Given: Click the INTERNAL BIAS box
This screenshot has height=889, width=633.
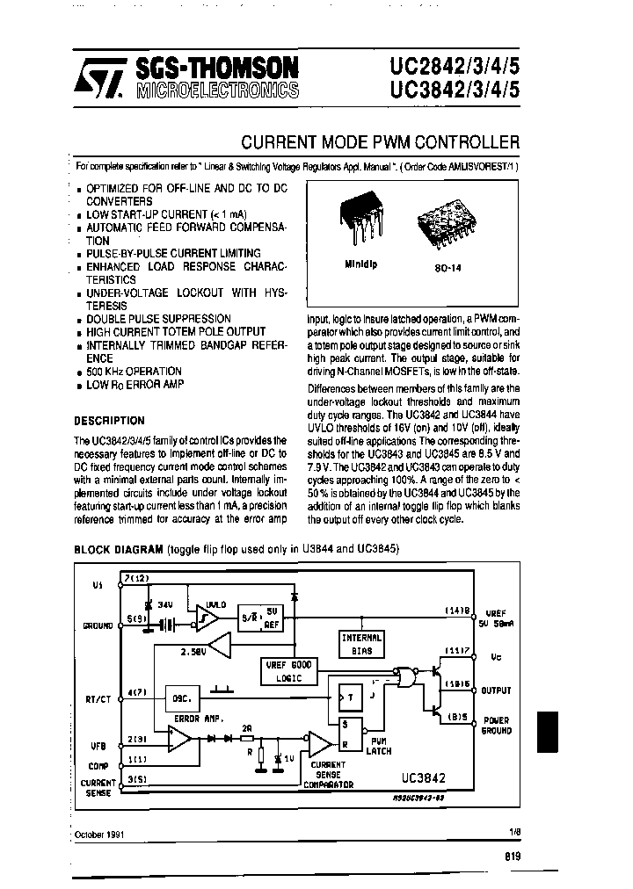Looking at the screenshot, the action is pos(361,644).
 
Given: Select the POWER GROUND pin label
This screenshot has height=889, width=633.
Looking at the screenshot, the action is pos(497,725).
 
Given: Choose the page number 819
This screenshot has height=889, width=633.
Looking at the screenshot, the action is pos(513,856).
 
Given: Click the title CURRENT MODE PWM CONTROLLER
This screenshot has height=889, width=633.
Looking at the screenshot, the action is pos(380,141).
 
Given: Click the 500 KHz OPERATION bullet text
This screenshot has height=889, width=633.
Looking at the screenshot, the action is pos(134,372).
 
